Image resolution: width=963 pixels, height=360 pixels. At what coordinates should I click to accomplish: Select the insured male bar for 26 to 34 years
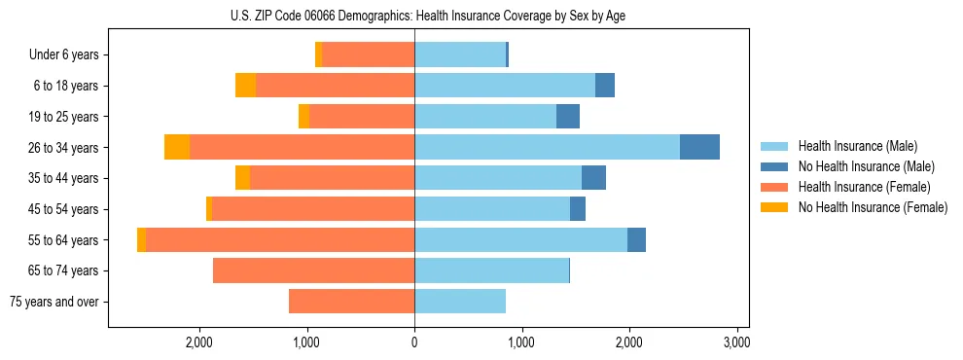tap(547, 147)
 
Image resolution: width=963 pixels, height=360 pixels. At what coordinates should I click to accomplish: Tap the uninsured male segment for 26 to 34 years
tap(699, 147)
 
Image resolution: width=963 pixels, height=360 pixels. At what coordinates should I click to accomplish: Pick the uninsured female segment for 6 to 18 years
tap(245, 86)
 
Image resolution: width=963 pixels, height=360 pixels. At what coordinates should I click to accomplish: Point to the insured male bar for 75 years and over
tap(460, 302)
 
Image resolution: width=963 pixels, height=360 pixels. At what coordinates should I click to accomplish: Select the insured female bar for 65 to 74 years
tap(313, 270)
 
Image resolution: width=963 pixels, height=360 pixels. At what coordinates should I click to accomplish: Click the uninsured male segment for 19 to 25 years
tap(568, 117)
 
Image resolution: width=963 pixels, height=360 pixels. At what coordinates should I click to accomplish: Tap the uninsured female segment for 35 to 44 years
tap(242, 178)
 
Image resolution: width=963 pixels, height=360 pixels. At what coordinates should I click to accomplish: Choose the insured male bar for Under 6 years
tap(460, 54)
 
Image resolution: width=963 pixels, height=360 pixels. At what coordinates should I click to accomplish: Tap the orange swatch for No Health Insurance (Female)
tap(774, 207)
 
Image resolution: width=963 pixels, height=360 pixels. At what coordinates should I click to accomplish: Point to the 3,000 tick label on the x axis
tap(736, 342)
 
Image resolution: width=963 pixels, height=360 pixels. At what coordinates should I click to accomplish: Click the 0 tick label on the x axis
tap(414, 342)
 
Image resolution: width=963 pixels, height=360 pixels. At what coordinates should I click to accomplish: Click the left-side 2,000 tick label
tap(199, 342)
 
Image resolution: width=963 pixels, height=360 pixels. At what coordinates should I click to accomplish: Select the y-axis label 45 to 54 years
tap(64, 209)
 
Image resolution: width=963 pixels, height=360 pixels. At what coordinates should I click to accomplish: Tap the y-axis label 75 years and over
tap(54, 302)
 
